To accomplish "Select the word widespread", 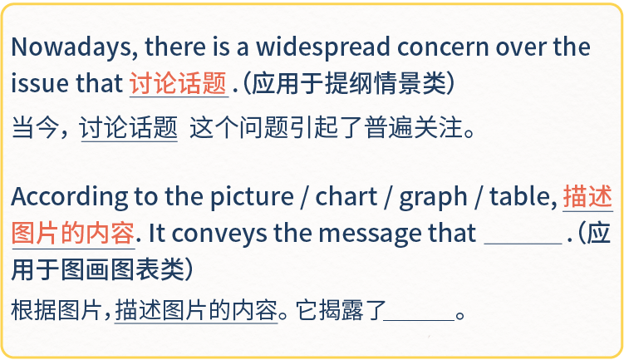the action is [x=322, y=47].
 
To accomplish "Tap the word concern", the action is [x=443, y=47].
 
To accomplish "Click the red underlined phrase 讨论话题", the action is [x=179, y=84].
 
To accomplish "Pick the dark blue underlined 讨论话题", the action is [x=129, y=128].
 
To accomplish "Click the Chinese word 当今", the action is [x=35, y=128].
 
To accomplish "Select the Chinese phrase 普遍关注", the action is [x=414, y=128].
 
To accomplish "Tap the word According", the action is [x=69, y=197].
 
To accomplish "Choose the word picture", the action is [x=252, y=197].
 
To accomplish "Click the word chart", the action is [x=346, y=196].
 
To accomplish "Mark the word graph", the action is [x=433, y=198].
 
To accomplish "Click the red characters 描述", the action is [x=587, y=197].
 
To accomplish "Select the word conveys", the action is [x=219, y=234].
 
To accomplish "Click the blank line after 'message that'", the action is [x=523, y=243].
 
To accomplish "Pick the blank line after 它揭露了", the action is [x=419, y=320].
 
